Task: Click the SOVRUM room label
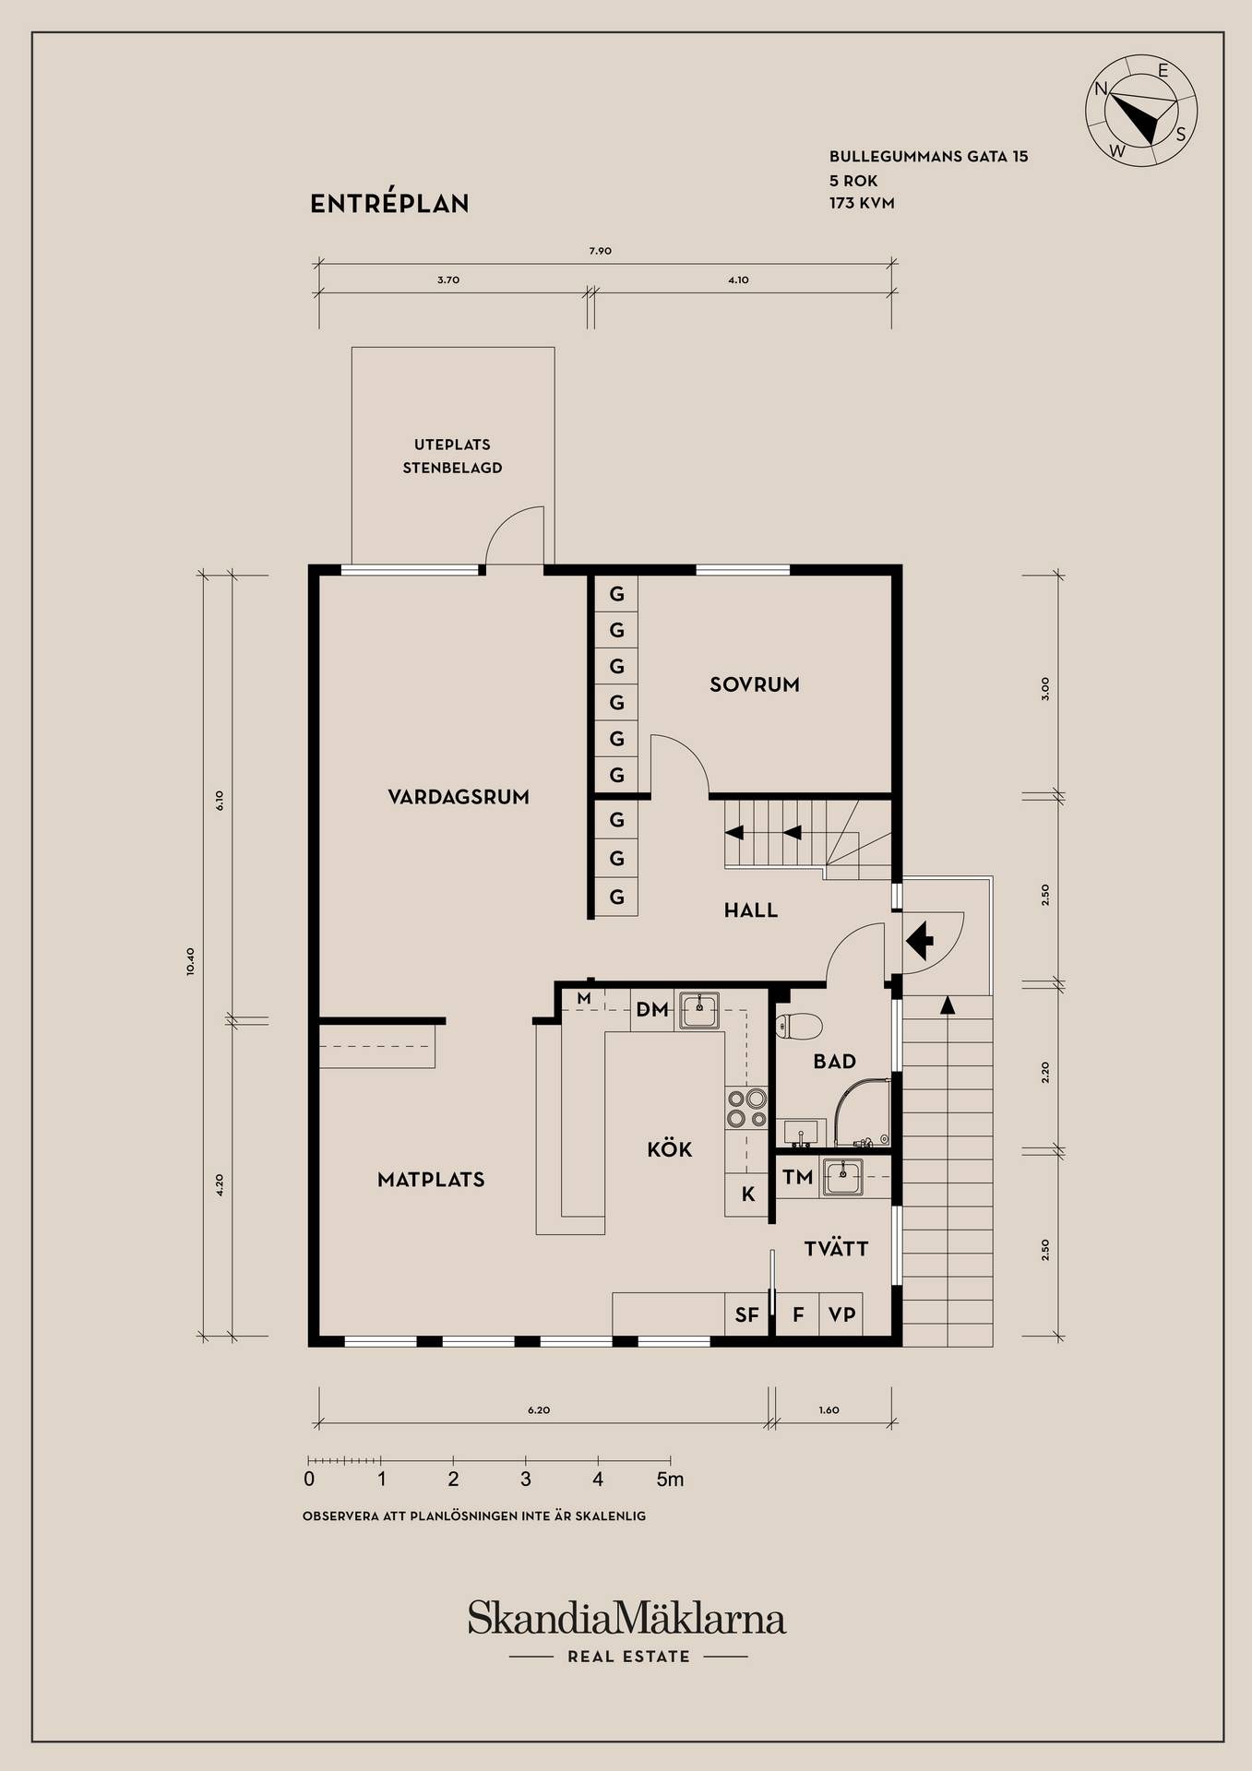coord(754,684)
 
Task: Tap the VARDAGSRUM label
coord(459,797)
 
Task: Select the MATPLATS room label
coord(431,1180)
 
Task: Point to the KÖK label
coord(670,1149)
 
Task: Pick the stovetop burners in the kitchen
coord(746,1109)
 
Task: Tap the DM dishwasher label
coord(652,1010)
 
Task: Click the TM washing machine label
coord(798,1177)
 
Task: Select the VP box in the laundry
coord(841,1314)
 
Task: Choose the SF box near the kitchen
coord(746,1315)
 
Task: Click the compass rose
coord(1141,110)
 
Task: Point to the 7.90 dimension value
coord(600,251)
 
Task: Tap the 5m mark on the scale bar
coord(671,1480)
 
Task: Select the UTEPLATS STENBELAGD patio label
coord(452,457)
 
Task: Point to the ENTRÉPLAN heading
coord(389,204)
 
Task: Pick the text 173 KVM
coord(862,203)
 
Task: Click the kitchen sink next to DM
coord(700,1011)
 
